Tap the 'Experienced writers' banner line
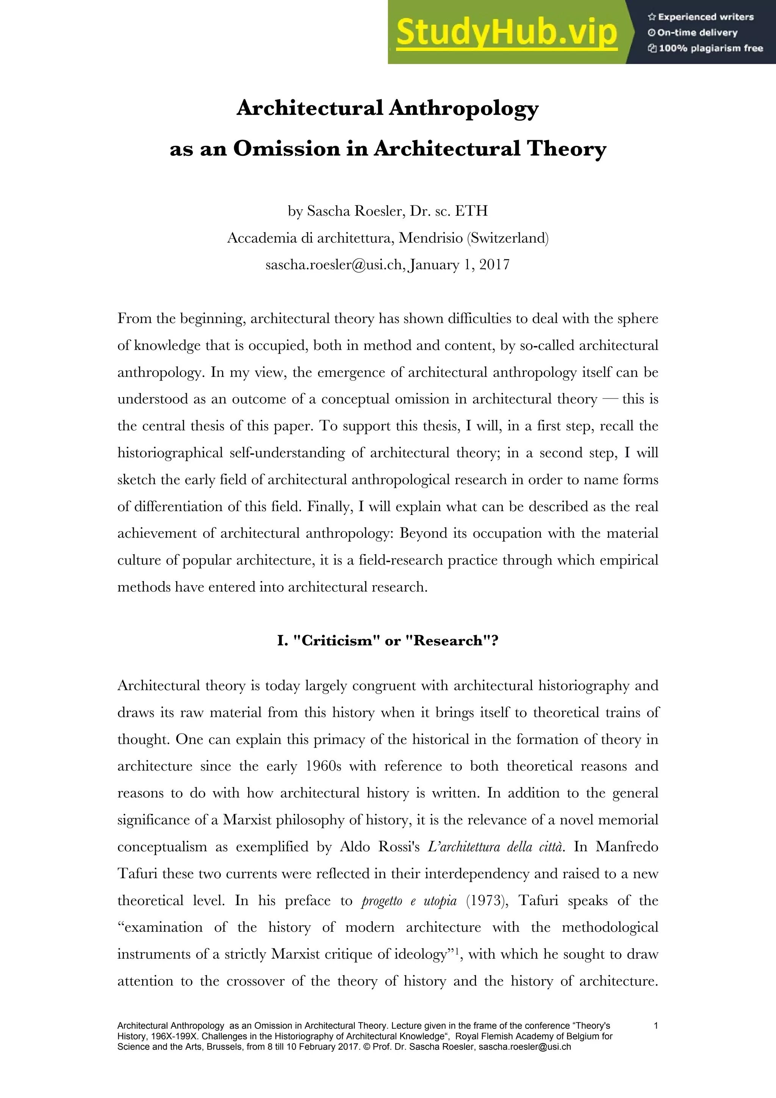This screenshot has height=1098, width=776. tap(701, 17)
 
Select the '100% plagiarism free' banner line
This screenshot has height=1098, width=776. tap(706, 48)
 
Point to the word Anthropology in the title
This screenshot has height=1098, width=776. tap(463, 108)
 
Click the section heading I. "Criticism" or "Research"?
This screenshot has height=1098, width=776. tap(388, 640)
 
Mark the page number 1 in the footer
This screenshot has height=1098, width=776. tap(656, 1025)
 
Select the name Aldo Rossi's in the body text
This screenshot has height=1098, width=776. tap(380, 847)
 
